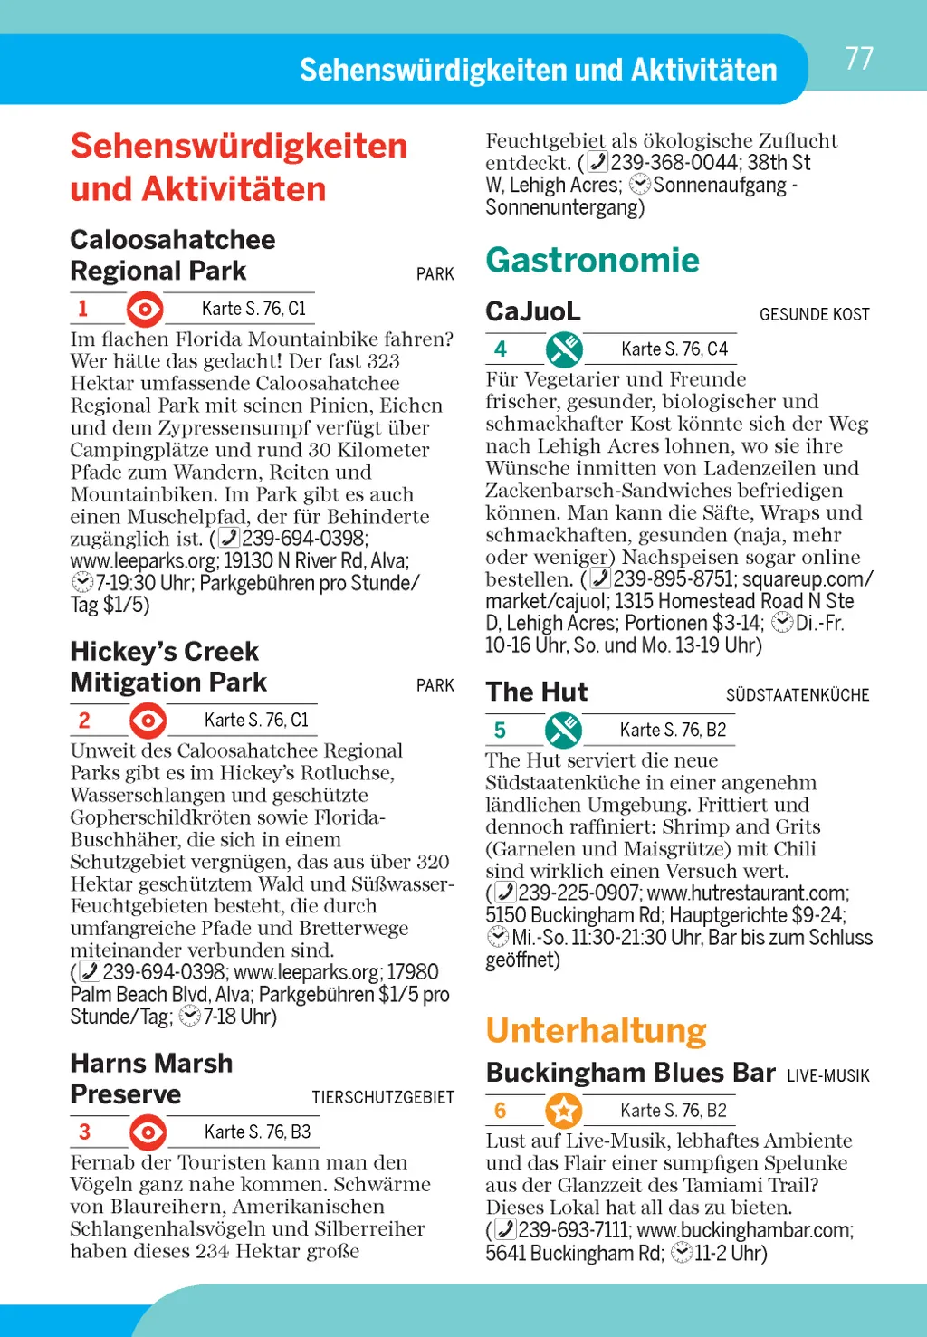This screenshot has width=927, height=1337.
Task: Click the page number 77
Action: click(859, 59)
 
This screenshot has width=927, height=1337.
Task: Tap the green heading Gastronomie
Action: click(592, 261)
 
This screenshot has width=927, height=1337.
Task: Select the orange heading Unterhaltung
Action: click(596, 1030)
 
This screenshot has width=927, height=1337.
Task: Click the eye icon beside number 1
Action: click(145, 309)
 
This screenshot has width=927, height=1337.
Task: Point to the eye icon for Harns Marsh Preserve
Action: click(148, 1132)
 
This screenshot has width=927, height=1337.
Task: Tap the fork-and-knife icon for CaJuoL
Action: click(564, 349)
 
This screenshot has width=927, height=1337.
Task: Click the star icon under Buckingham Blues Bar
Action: click(564, 1111)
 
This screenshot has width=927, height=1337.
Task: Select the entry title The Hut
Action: click(536, 692)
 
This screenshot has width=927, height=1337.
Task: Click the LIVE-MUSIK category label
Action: click(827, 1076)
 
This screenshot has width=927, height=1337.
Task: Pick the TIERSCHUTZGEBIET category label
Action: click(383, 1098)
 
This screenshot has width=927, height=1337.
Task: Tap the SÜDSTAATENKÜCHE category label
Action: click(797, 695)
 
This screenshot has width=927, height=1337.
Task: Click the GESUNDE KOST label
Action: click(814, 315)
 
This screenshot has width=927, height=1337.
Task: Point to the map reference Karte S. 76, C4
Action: click(674, 349)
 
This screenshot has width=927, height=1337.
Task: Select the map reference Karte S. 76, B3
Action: click(257, 1132)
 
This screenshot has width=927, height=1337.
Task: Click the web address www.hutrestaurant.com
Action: click(747, 893)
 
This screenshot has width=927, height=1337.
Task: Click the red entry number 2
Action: click(84, 721)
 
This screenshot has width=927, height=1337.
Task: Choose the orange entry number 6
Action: click(501, 1111)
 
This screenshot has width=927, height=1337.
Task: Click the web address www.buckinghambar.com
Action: click(743, 1230)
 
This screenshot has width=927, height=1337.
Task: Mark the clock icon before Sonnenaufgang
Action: click(640, 185)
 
